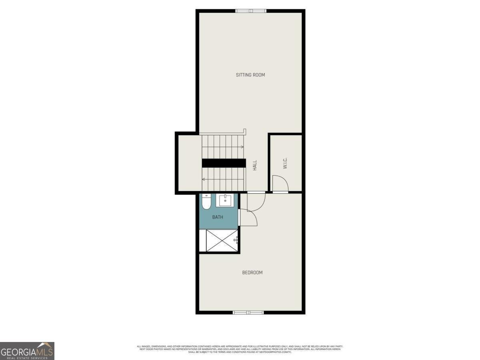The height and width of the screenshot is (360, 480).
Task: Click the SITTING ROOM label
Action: pos(250,75)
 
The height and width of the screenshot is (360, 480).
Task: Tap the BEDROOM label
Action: pos(252,273)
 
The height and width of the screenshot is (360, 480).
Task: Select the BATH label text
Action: pos(218,217)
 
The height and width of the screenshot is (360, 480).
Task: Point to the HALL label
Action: pos(255,166)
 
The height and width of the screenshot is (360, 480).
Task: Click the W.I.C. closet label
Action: pos(285,163)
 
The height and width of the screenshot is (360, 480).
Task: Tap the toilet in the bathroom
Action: pos(206,202)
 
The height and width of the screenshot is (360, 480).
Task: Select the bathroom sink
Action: pos(225,200)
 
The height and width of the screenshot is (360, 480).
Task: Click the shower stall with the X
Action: pos(222,240)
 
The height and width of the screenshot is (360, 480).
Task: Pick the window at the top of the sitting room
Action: pos(250,11)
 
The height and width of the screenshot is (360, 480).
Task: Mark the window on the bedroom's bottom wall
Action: pos(248,312)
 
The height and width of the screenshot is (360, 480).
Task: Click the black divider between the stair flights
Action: pos(224,163)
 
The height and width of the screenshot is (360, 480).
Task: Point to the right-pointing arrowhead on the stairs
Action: pos(242,147)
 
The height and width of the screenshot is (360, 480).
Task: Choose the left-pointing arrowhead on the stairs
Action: pos(204,179)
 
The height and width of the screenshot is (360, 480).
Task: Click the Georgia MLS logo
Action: pos(27,351)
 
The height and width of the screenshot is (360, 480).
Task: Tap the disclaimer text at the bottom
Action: pos(240,349)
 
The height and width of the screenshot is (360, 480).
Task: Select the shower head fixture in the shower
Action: pos(236,240)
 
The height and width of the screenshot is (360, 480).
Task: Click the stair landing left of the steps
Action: pos(189,163)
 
